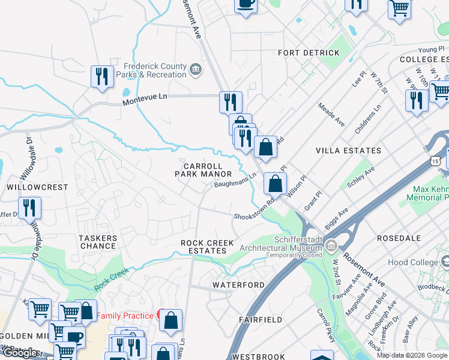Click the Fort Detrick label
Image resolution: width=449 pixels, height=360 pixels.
pyautogui.click(x=309, y=53)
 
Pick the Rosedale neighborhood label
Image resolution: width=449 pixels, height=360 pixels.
pyautogui.click(x=399, y=238)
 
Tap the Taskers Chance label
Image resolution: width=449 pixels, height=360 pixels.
pyautogui.click(x=98, y=242)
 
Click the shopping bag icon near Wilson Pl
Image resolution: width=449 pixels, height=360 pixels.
pyautogui.click(x=274, y=183)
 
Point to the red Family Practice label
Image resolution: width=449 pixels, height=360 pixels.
pyautogui.click(x=125, y=316)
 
